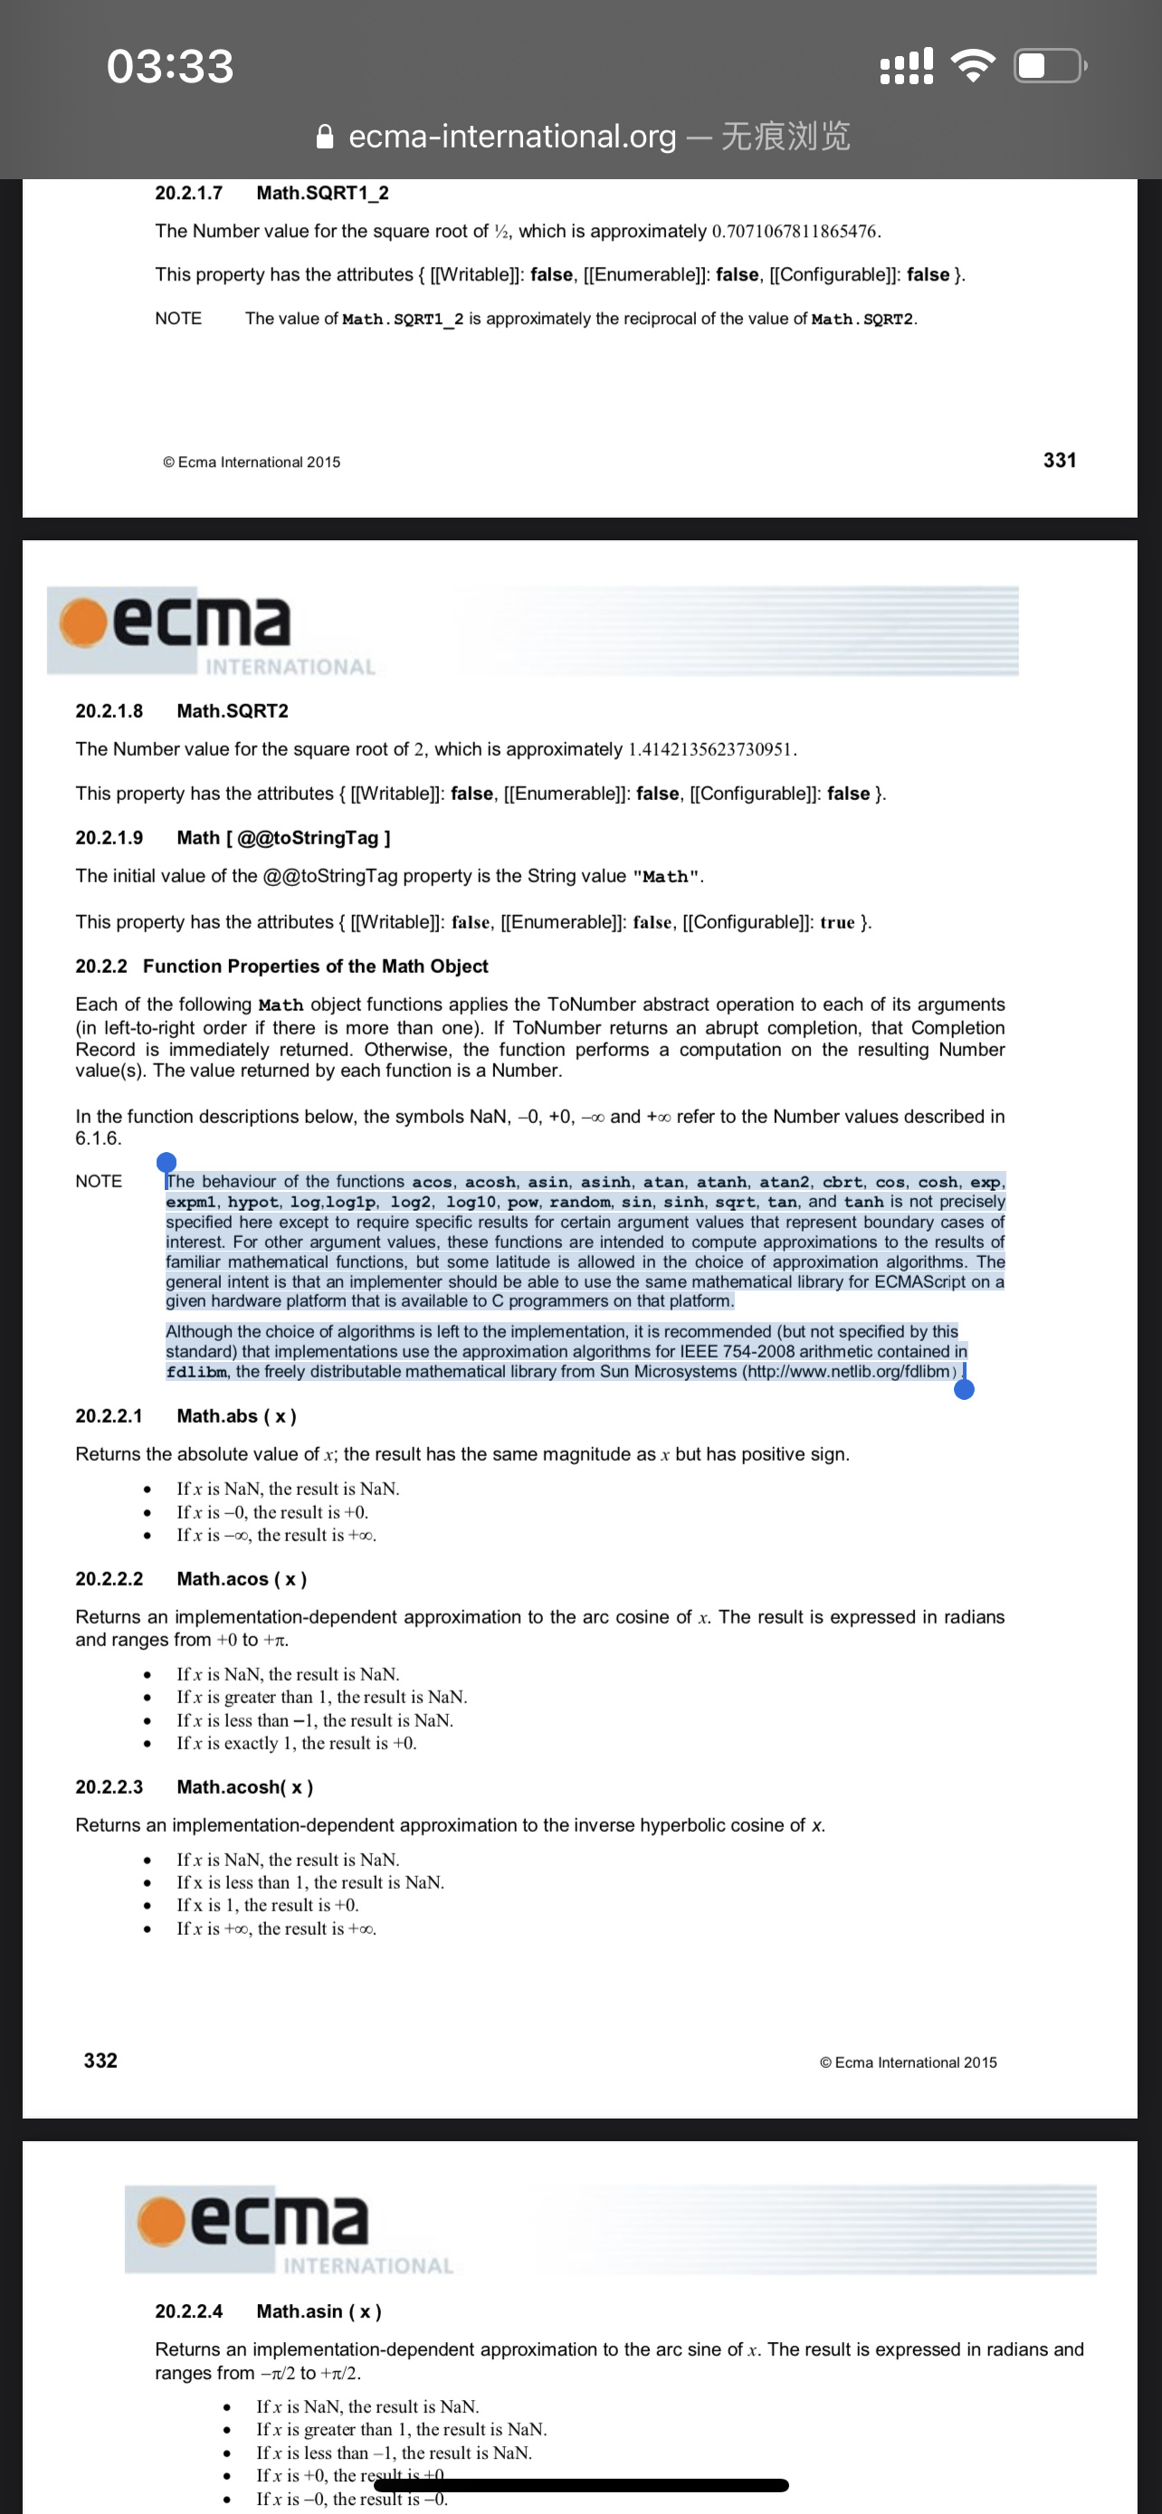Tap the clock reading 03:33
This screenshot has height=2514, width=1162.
[171, 66]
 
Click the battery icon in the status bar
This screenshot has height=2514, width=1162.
[1050, 65]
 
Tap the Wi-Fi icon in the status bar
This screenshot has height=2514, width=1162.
[972, 65]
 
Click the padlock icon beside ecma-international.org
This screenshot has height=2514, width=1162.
[326, 137]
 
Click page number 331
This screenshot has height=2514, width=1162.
[1059, 460]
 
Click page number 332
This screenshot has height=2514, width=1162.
[100, 2061]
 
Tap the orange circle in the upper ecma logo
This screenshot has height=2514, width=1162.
[83, 622]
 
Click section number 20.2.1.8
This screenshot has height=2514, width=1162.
[110, 710]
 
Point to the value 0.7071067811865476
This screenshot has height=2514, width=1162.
[795, 232]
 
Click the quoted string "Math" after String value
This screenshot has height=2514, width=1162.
[666, 876]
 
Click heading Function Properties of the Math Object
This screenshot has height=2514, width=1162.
[315, 967]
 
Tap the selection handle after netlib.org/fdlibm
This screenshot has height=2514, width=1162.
[964, 1388]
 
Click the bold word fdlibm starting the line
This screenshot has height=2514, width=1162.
[197, 1372]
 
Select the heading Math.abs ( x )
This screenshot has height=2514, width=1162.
[236, 1416]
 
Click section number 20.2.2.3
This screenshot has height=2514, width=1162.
[110, 1787]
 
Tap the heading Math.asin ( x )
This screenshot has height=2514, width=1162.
[318, 2311]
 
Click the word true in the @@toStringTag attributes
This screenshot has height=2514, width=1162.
[837, 922]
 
